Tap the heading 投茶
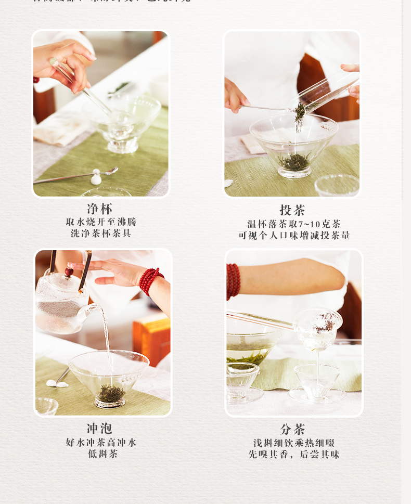(292, 210)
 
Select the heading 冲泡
(99, 429)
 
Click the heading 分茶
(292, 429)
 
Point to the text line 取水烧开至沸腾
(101, 222)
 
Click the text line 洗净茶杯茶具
(101, 234)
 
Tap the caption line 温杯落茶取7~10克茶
(294, 224)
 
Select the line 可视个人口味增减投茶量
(294, 235)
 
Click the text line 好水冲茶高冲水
(101, 443)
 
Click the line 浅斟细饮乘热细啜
(294, 443)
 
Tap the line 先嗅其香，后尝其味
(294, 455)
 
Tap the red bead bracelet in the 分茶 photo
(233, 281)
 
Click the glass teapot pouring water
(61, 304)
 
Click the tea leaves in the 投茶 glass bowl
(295, 162)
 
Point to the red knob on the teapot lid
(69, 272)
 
